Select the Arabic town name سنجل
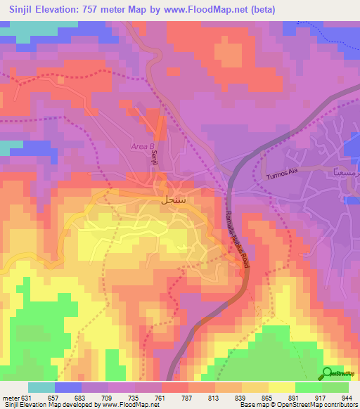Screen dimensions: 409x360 [x=173, y=200]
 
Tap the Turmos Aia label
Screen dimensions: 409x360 [x=283, y=177]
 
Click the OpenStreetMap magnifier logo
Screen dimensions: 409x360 [x=328, y=374]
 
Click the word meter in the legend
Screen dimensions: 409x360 [x=10, y=397]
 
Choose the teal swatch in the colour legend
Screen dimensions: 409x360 [x=41, y=387]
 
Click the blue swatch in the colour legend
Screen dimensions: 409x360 [x=68, y=387]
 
